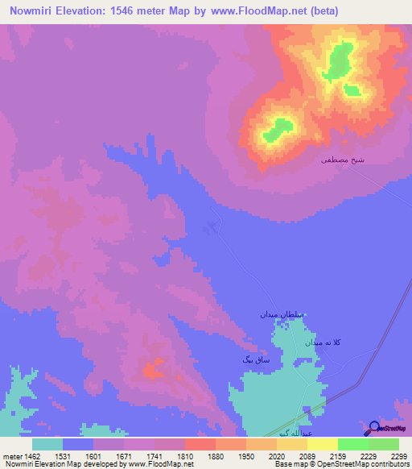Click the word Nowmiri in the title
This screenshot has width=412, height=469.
[35, 11]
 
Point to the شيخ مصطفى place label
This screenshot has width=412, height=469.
[343, 160]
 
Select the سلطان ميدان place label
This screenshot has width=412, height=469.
[278, 313]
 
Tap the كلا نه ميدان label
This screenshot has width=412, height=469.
[325, 342]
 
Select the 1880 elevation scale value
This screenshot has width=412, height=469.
[216, 456]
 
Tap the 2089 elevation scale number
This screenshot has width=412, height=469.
[307, 456]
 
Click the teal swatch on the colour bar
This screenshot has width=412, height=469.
[47, 444]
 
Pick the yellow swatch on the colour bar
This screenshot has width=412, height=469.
[323, 444]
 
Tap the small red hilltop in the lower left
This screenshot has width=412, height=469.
[150, 371]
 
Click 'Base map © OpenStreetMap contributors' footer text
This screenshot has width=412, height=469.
[341, 464]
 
